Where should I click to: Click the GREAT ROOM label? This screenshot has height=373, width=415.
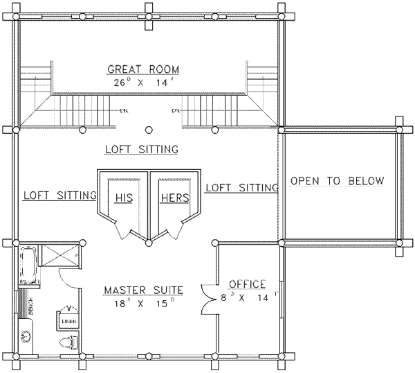tap(143, 69)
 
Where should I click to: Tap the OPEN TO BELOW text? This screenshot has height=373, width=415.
tap(337, 181)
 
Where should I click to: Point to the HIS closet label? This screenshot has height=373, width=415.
tap(123, 198)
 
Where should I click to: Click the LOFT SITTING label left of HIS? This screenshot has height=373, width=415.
tap(59, 195)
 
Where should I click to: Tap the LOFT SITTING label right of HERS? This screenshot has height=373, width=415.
tap(241, 187)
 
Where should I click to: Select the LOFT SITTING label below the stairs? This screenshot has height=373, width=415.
tap(142, 149)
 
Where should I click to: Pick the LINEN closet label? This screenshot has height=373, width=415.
tap(68, 322)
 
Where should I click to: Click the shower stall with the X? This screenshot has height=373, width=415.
tap(62, 256)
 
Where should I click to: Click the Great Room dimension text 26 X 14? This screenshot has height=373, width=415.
tap(143, 81)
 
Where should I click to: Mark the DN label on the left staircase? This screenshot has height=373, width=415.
tap(122, 110)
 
